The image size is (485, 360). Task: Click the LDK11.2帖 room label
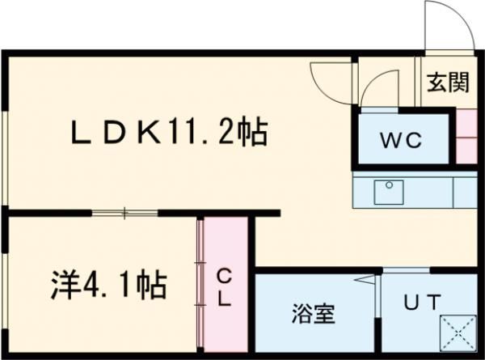click(x=169, y=132)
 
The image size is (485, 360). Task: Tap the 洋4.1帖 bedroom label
click(x=105, y=284)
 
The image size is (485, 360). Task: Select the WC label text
click(x=402, y=139)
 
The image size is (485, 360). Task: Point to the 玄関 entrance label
click(x=448, y=83)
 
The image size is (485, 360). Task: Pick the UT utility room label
click(x=422, y=303)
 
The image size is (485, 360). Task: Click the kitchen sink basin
click(x=389, y=192)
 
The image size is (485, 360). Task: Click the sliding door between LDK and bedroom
click(x=124, y=214)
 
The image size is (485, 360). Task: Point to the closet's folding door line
click(x=200, y=283)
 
